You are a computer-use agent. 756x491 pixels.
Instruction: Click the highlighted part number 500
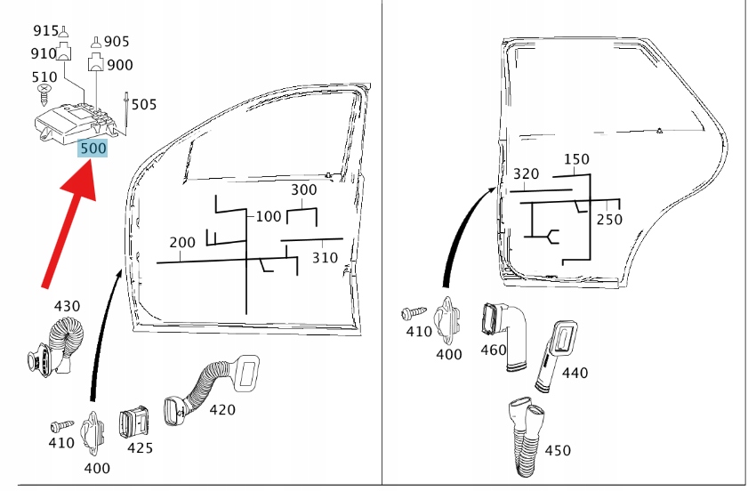click(93, 148)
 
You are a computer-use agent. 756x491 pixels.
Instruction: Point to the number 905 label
click(117, 41)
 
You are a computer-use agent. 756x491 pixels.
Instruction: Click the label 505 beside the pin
click(143, 105)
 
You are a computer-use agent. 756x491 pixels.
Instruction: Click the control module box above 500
click(75, 120)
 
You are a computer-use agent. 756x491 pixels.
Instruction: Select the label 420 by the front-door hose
click(222, 410)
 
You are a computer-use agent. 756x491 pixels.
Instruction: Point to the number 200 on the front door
click(182, 243)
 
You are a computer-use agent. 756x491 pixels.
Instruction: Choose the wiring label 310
click(325, 258)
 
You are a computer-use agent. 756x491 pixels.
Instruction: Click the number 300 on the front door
click(303, 190)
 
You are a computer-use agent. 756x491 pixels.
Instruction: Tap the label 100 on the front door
click(269, 216)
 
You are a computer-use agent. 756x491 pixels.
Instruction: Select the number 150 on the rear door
click(576, 159)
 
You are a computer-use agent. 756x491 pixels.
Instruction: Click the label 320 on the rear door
click(527, 174)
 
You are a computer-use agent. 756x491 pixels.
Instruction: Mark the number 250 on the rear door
click(609, 220)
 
